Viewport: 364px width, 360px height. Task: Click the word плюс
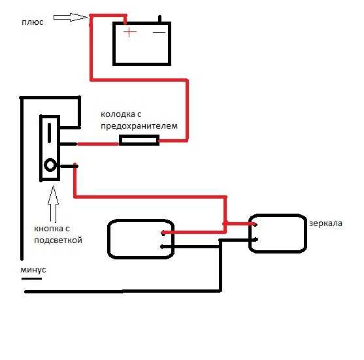click(x=33, y=22)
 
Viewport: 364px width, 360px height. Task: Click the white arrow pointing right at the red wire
click(x=71, y=17)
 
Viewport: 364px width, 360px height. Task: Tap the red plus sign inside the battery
click(x=130, y=32)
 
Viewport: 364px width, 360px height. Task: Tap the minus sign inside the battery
click(x=159, y=32)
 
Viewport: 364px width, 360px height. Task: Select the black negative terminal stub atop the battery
click(x=159, y=19)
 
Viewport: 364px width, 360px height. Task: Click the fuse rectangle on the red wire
click(x=139, y=140)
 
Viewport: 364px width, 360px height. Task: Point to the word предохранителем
click(x=139, y=126)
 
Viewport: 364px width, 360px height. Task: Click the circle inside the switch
click(x=50, y=165)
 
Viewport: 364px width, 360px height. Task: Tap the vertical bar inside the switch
click(x=49, y=133)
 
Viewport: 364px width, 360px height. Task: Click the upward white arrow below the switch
click(x=53, y=204)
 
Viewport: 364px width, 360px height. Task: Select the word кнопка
click(x=49, y=229)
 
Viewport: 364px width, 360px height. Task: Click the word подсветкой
click(x=58, y=240)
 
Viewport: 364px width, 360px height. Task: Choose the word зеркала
click(x=325, y=223)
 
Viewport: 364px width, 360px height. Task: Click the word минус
click(x=33, y=270)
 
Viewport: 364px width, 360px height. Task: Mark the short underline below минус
click(x=31, y=278)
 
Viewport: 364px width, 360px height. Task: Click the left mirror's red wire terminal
click(x=163, y=233)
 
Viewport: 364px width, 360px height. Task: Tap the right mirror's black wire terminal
click(x=256, y=240)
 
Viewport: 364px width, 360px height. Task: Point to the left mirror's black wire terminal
click(x=162, y=247)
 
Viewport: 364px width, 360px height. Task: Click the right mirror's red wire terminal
click(x=255, y=224)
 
